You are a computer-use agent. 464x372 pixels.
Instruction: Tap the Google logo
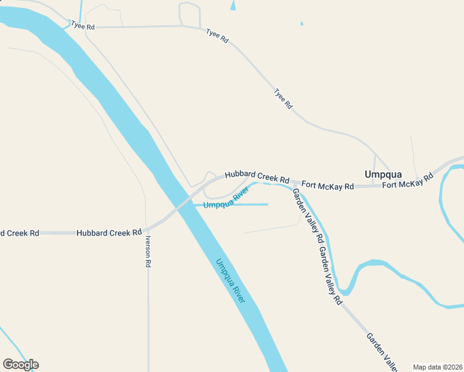point(20,365)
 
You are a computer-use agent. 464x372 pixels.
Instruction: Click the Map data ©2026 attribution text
point(437,367)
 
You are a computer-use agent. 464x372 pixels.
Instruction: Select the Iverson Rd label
point(148,251)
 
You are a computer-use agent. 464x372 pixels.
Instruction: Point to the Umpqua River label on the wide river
point(230,280)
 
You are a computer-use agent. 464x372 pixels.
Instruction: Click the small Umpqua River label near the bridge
point(221,200)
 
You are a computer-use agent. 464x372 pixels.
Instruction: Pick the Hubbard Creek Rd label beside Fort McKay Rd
point(257,177)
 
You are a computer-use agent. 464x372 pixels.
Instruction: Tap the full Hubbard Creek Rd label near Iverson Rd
point(109,233)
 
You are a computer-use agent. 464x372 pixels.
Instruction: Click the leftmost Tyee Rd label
point(83,26)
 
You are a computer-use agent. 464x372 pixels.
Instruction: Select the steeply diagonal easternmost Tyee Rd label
point(283,99)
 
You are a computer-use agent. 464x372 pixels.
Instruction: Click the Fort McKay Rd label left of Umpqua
point(328,185)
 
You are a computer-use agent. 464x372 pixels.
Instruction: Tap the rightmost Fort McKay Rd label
point(407,182)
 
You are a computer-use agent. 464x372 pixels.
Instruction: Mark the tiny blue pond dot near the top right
point(301,24)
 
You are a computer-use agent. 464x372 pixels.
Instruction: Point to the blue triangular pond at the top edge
point(233,5)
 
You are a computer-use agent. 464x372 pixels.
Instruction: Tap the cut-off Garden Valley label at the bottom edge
point(381,352)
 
